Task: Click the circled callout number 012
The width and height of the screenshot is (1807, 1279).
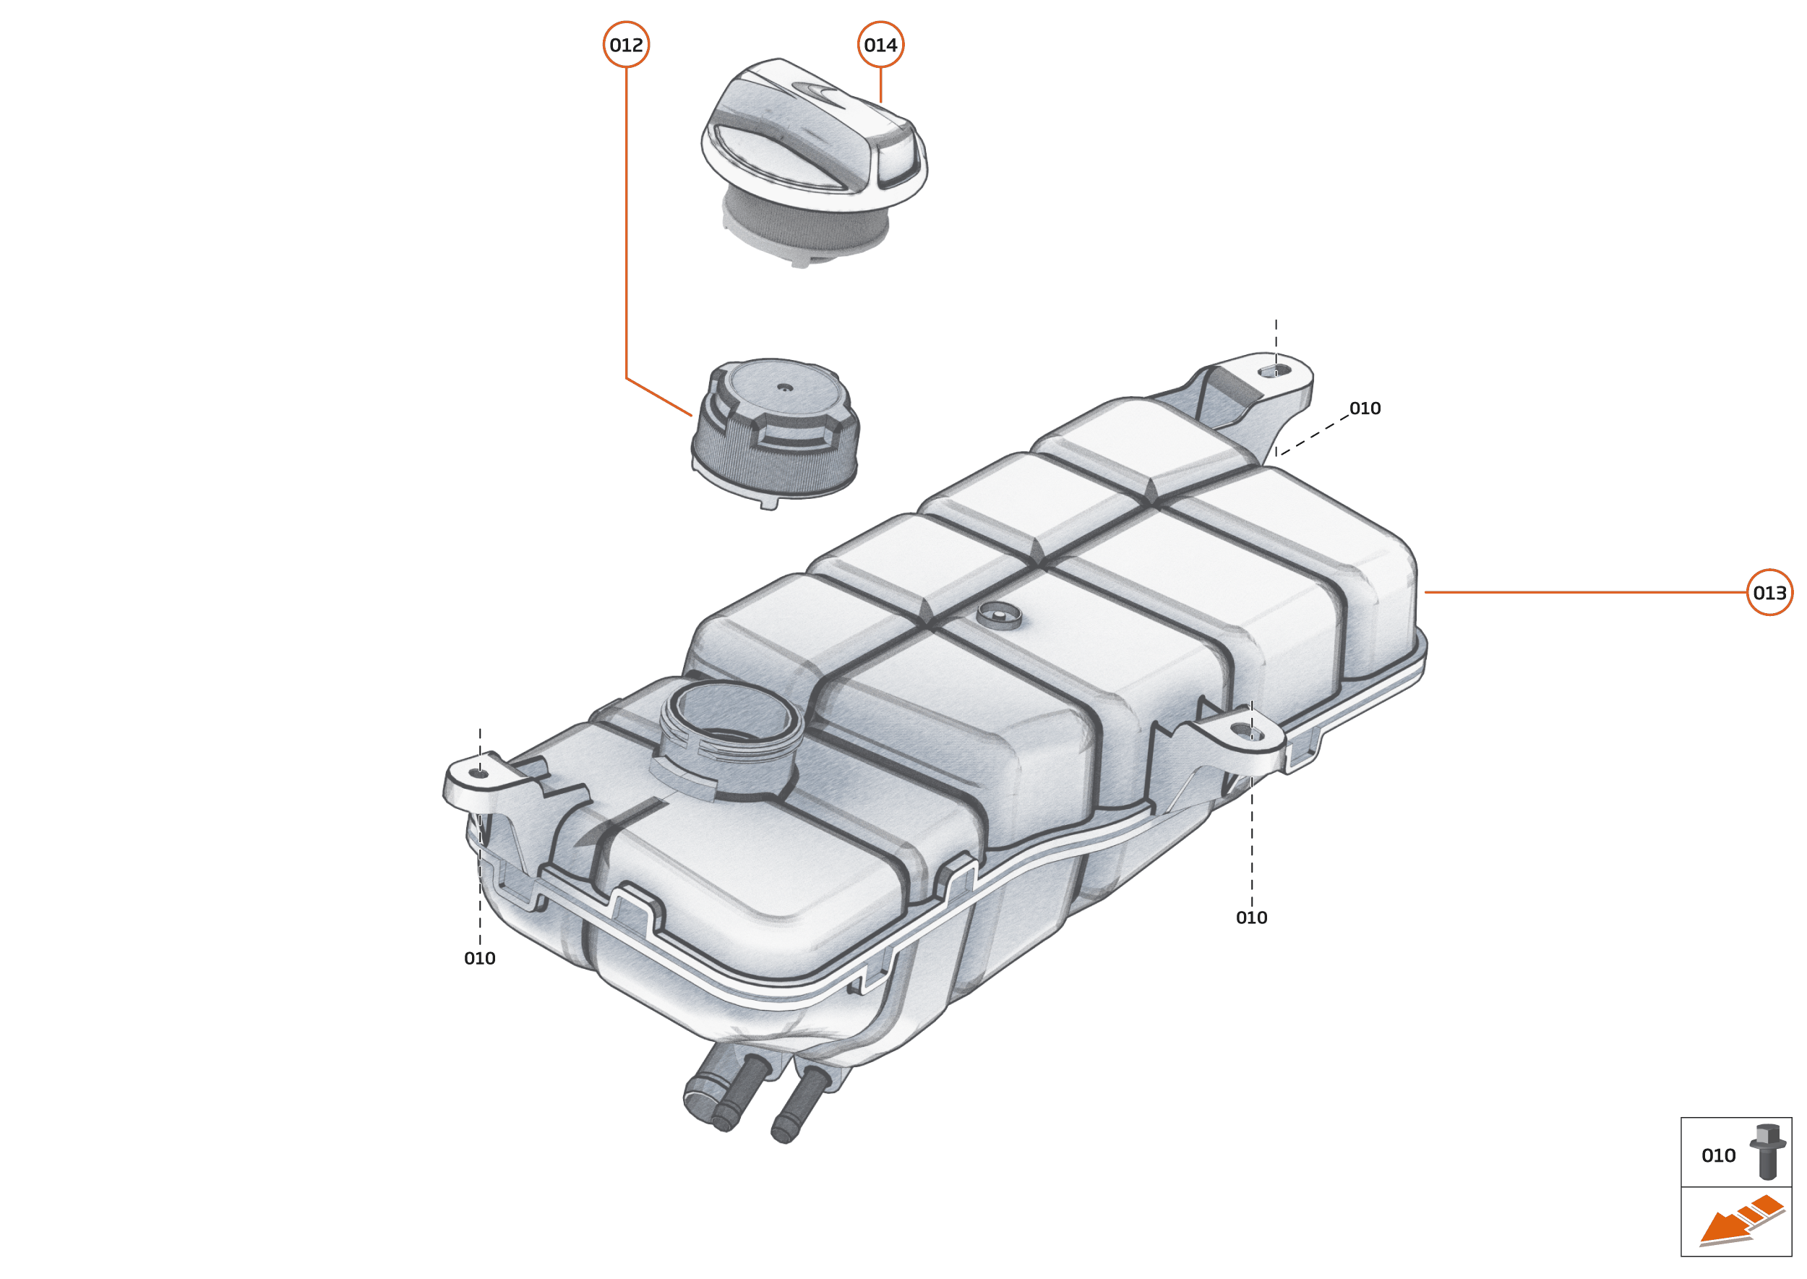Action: click(x=626, y=45)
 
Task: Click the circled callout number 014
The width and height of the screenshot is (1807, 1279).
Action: click(x=880, y=45)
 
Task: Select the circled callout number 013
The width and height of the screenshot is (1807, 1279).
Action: click(x=1769, y=592)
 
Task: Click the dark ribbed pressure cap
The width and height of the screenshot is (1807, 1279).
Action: click(x=776, y=433)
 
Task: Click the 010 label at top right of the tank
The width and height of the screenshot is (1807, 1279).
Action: click(x=1365, y=408)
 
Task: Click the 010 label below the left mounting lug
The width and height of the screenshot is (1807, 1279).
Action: click(x=479, y=959)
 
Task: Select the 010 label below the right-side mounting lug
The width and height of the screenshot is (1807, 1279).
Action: click(x=1251, y=917)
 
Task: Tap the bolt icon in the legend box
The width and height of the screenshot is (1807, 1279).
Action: click(x=1768, y=1152)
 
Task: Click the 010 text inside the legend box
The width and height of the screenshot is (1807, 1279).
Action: click(x=1718, y=1155)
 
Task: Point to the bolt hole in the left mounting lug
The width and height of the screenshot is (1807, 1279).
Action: click(x=479, y=774)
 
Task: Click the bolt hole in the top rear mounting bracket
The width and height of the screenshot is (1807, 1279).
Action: click(x=1276, y=370)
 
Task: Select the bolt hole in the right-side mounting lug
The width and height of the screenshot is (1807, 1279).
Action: click(x=1252, y=734)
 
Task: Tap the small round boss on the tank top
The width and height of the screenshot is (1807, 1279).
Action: click(x=998, y=614)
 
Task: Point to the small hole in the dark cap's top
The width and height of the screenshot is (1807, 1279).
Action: click(x=784, y=387)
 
